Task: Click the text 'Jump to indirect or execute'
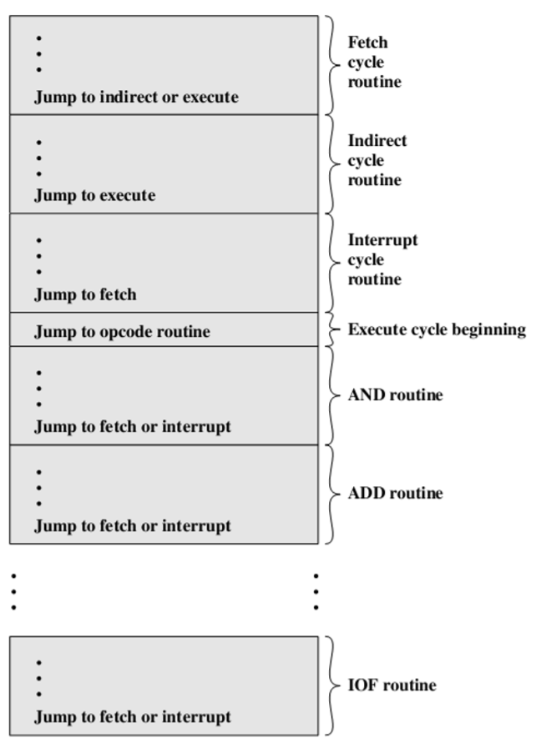pos(136,97)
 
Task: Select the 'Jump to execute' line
pos(94,196)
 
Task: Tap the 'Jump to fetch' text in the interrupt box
pos(84,294)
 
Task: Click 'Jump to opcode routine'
pos(122,332)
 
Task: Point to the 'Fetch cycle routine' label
pos(373,63)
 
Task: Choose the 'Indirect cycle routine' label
pos(377,160)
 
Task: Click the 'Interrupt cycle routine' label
pos(382,259)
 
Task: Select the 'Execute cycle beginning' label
pos(436,329)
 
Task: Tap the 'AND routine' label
pos(395,395)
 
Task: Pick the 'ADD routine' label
pos(395,494)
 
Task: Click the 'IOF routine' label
pos(392,685)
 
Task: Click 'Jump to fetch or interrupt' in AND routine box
pos(132,427)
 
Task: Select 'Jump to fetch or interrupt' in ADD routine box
pos(132,526)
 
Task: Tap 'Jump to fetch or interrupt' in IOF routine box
pos(132,717)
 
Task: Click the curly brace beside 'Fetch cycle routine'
pos(331,64)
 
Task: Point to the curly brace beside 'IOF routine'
pos(331,685)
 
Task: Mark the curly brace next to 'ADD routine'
pos(331,494)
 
